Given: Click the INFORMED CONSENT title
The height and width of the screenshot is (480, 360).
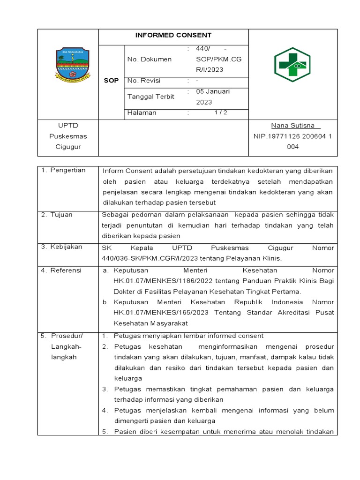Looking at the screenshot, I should [173, 35].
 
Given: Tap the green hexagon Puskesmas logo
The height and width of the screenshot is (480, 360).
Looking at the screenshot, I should [292, 65].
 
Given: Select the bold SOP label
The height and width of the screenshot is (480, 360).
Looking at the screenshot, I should [111, 81].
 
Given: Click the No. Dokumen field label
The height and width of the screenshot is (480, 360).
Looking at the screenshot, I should [150, 60].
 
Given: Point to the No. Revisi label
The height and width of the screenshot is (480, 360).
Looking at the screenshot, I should [144, 81].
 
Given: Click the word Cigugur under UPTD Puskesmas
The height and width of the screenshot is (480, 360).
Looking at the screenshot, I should [68, 147].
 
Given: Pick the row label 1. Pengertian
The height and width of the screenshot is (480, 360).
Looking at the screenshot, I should [64, 170].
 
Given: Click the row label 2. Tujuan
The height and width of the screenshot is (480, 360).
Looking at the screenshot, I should [57, 215].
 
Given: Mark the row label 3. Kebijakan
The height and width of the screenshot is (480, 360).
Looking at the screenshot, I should [61, 247].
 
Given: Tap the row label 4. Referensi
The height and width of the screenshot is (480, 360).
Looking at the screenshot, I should [61, 270].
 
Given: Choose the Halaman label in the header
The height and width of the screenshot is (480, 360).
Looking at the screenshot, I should [142, 112].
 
